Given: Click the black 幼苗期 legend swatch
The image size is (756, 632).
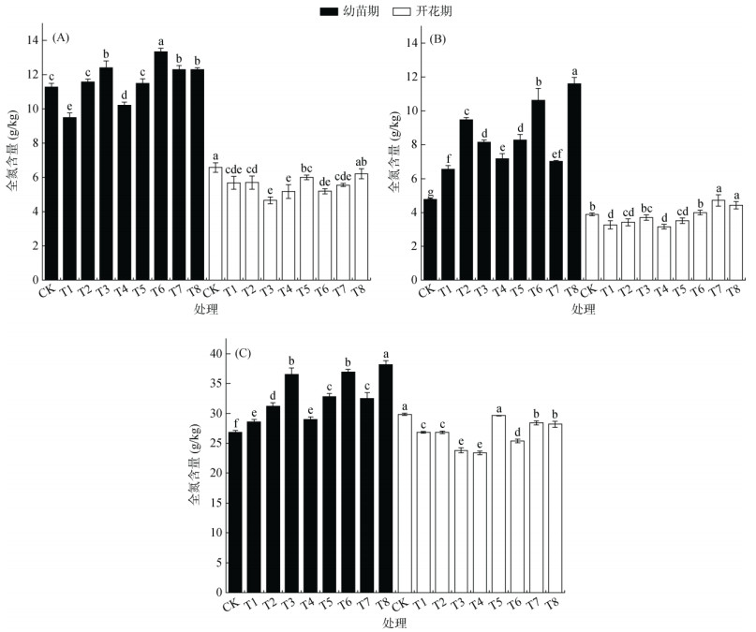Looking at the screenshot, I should pyautogui.click(x=329, y=11).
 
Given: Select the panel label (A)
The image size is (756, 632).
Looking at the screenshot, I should pyautogui.click(x=61, y=37).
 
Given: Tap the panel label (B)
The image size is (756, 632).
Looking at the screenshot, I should pyautogui.click(x=438, y=39).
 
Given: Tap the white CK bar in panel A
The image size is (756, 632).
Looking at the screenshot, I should pyautogui.click(x=215, y=224).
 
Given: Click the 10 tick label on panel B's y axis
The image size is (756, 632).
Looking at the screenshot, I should pyautogui.click(x=410, y=110).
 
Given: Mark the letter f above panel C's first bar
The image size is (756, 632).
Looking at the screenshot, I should pyautogui.click(x=235, y=422).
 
